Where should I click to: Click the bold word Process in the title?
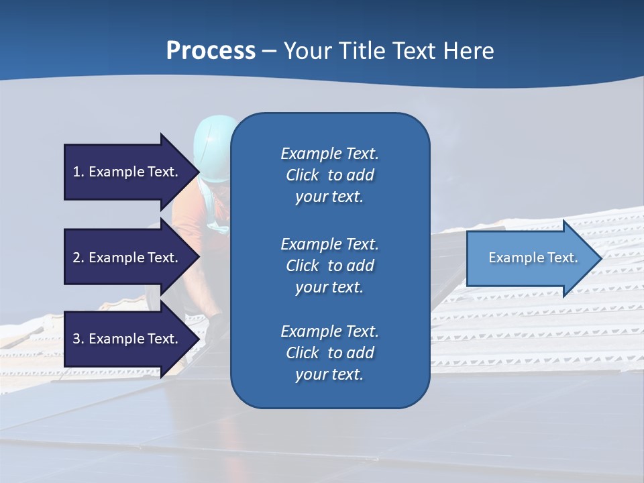click(211, 51)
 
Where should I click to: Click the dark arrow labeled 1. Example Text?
click(127, 172)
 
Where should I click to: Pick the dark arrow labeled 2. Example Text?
click(127, 258)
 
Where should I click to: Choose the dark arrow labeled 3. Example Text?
click(127, 339)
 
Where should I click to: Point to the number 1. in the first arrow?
click(78, 172)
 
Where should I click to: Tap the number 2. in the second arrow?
click(78, 258)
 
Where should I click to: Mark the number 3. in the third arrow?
click(78, 339)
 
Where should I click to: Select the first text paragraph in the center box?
click(329, 175)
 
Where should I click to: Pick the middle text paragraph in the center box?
click(329, 265)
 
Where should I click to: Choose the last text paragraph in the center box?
click(329, 353)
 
